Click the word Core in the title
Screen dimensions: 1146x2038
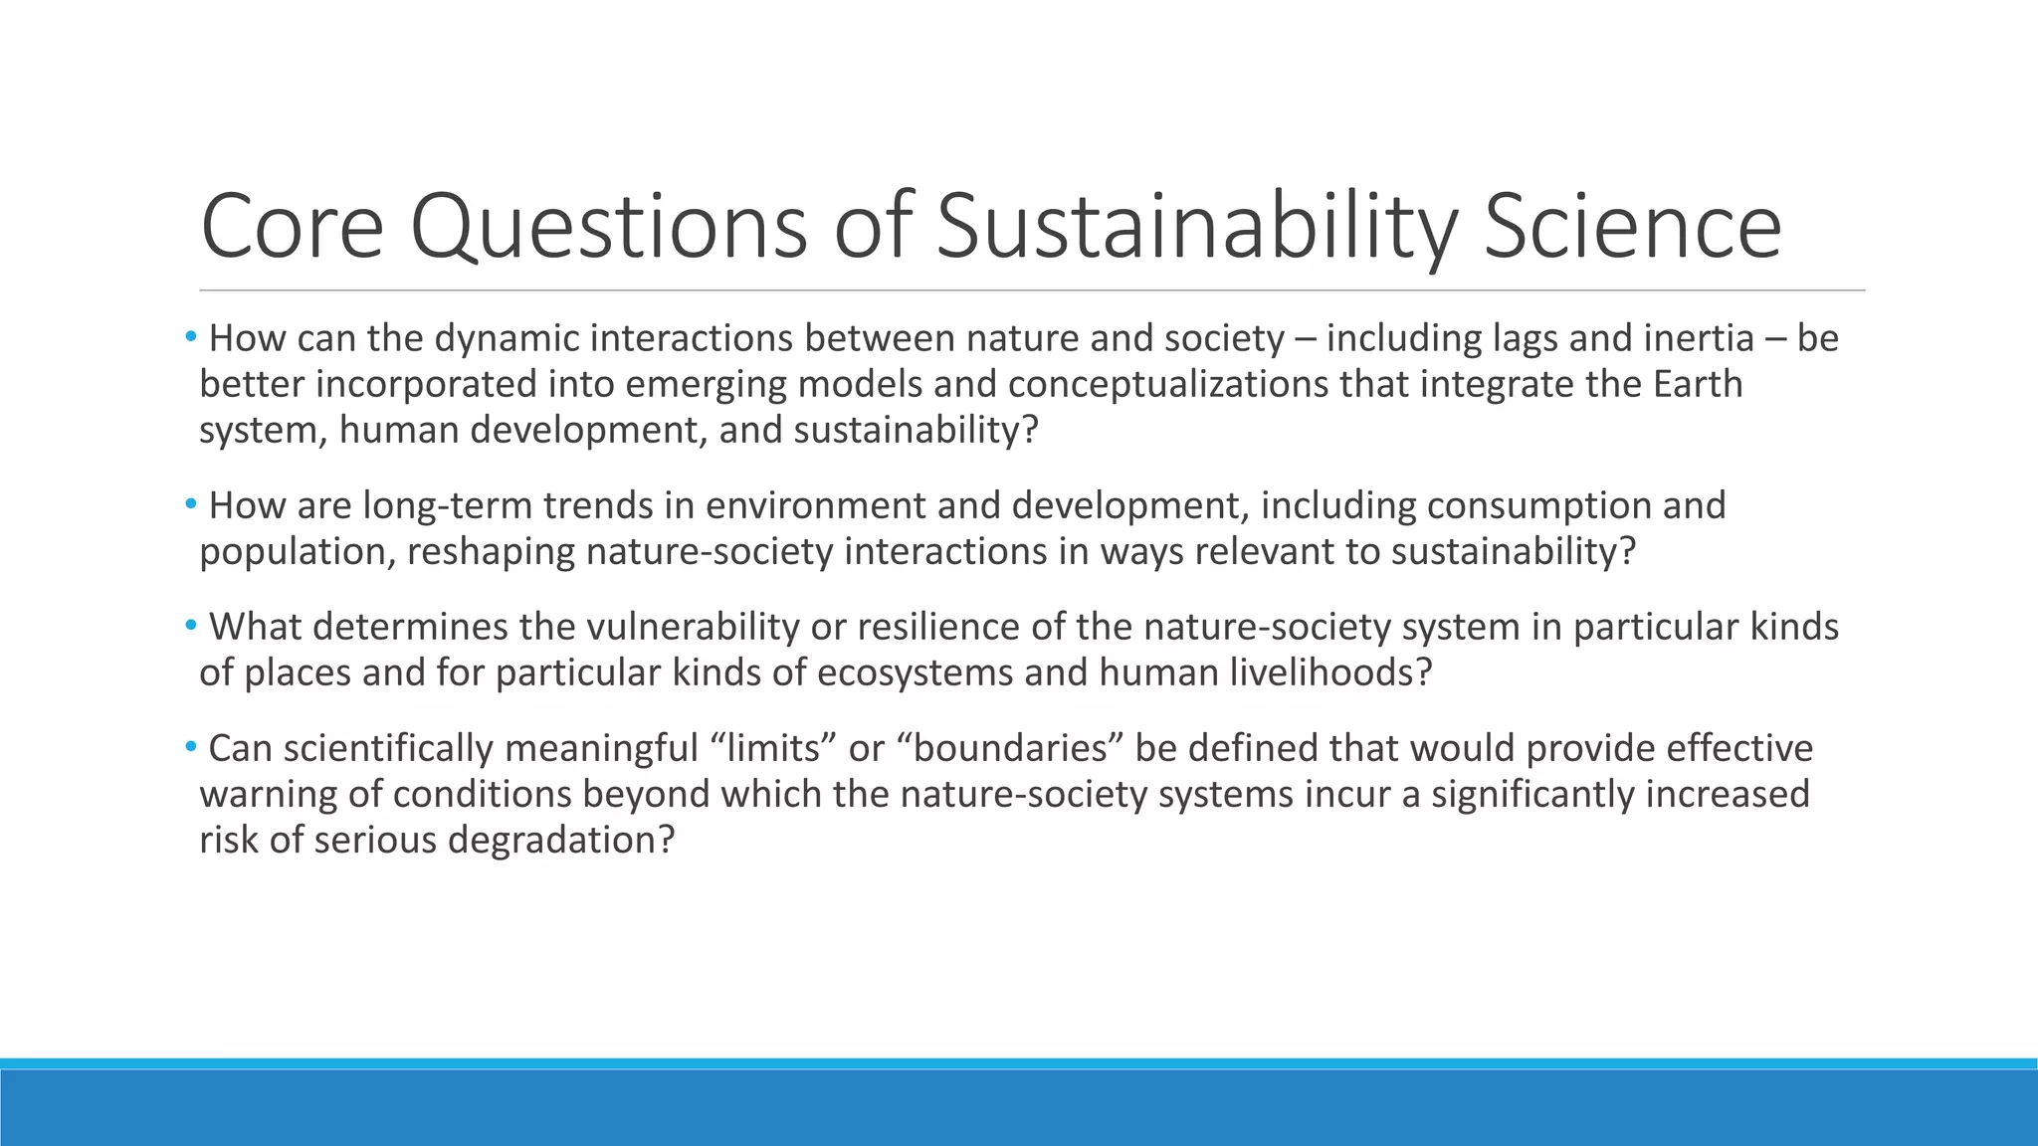click(292, 227)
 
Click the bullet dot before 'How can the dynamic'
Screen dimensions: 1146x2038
click(190, 338)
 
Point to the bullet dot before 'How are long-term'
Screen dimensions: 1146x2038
click(190, 505)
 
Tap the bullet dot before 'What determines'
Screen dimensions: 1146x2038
click(190, 627)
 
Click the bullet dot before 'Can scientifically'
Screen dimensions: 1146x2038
click(190, 747)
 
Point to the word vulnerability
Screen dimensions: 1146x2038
click(693, 628)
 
